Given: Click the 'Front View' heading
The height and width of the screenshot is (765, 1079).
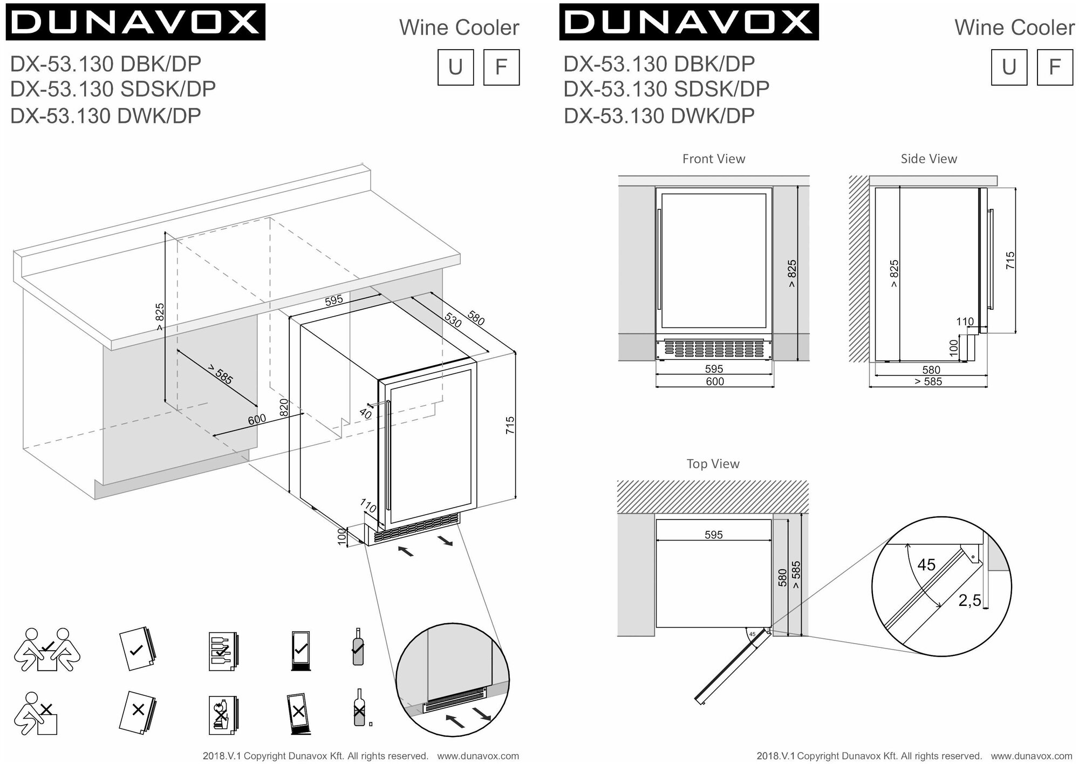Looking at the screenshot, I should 713,159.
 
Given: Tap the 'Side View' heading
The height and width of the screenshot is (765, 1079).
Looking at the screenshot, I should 928,159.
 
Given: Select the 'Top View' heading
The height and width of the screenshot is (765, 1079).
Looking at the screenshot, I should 713,464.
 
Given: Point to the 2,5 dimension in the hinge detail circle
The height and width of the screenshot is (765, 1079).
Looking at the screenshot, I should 969,600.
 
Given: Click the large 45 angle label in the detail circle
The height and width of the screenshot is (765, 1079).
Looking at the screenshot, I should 926,565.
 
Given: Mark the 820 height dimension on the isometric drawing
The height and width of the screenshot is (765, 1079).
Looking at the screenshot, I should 284,407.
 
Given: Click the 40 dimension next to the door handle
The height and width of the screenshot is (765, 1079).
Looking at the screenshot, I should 366,414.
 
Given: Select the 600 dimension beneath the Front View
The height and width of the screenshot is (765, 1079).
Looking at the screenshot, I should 714,382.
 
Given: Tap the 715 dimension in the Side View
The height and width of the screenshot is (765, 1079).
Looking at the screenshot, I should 1010,261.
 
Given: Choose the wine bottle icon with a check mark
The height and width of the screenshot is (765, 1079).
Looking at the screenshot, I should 357,647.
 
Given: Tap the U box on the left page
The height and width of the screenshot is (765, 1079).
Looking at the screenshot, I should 455,67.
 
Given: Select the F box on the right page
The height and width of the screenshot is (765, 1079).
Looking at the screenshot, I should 1055,67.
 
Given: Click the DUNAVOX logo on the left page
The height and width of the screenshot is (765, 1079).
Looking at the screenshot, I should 135,22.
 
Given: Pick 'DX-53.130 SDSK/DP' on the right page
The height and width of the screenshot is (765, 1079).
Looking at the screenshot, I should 666,89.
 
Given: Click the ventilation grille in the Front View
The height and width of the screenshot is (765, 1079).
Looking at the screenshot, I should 714,349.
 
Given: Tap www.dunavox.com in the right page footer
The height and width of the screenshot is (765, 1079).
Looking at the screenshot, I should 1032,756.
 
